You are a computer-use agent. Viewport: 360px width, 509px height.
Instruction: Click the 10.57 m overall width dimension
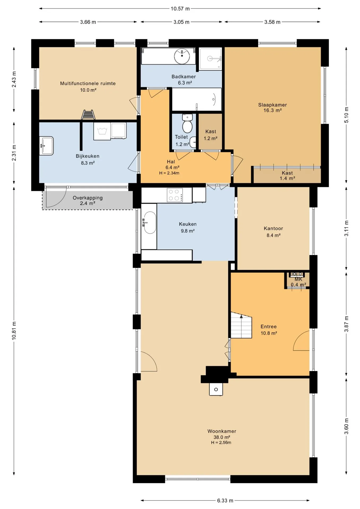tap(180, 8)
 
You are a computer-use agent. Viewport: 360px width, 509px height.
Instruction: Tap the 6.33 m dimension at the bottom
tap(225, 501)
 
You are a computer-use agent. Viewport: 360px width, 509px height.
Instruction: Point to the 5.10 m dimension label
tap(346, 115)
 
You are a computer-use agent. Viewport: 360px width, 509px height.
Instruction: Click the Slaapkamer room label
tap(273, 105)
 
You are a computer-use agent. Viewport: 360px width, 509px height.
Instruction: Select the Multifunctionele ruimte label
tap(88, 83)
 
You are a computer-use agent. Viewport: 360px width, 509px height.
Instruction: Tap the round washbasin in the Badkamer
tap(182, 56)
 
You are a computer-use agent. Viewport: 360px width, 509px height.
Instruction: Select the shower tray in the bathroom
tap(210, 59)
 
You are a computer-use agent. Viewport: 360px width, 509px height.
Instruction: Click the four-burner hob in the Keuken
tap(175, 195)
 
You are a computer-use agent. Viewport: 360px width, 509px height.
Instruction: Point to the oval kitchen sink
tap(150, 223)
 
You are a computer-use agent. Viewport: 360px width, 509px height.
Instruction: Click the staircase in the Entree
tap(241, 325)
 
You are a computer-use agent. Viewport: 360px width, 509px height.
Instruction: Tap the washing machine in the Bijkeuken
tap(102, 131)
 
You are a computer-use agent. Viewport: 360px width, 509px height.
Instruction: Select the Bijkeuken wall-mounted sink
tap(46, 146)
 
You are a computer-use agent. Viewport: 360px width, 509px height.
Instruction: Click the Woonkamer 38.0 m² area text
tap(222, 437)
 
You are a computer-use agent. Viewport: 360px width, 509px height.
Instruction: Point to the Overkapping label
tap(88, 198)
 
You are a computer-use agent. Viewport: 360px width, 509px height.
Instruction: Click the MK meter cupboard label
tap(298, 279)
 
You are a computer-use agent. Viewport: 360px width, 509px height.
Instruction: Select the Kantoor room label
tap(273, 228)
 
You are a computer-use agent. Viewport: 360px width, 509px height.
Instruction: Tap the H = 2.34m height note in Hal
tap(169, 173)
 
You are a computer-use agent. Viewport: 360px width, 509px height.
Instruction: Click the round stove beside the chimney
tap(216, 389)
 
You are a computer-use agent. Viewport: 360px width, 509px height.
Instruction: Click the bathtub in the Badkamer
tap(197, 99)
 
